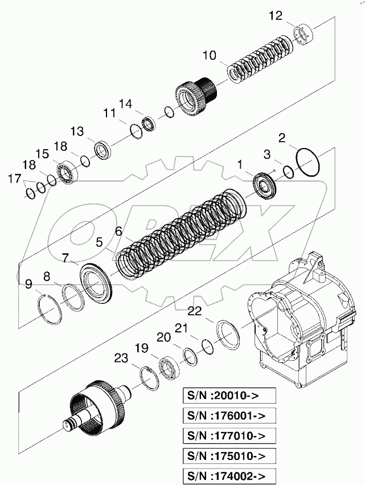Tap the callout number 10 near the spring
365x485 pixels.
click(x=209, y=55)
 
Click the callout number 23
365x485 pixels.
click(x=121, y=359)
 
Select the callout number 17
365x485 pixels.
click(x=16, y=180)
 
